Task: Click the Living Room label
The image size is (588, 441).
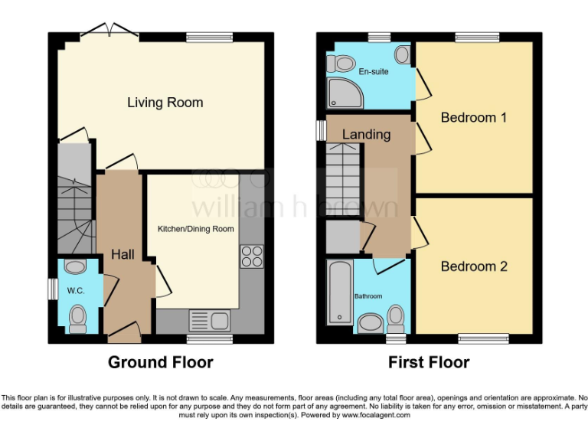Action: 165,103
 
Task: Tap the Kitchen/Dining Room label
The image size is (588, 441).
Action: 195,229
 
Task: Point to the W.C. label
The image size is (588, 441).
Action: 75,291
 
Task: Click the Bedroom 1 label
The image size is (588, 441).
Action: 473,118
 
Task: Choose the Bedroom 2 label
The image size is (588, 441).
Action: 473,266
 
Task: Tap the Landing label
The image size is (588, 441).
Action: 366,135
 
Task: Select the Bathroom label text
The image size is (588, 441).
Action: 367,296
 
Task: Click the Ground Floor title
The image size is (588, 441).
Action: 160,362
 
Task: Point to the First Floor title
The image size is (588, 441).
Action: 430,362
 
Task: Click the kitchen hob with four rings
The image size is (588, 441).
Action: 251,256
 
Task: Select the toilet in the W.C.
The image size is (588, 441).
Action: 78,318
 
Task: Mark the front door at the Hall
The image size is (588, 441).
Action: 123,331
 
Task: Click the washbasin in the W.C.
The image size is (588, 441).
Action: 75,267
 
